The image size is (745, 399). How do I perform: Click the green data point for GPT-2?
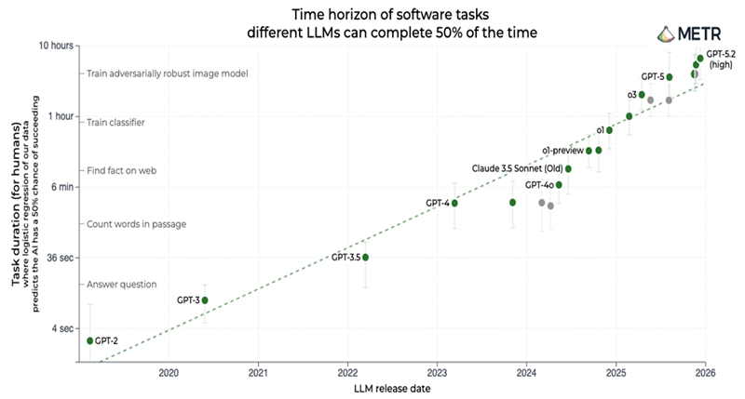[x=90, y=340]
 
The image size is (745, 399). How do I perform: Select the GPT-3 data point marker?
[x=205, y=300]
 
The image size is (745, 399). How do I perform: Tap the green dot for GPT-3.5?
[x=366, y=257]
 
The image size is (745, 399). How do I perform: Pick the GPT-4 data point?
[x=454, y=203]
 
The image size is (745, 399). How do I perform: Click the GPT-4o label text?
[x=534, y=185]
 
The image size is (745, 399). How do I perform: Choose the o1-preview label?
[x=562, y=151]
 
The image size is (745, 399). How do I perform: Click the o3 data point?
[x=642, y=95]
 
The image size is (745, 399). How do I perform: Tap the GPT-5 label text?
[x=652, y=76]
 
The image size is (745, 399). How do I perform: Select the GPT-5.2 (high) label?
[x=722, y=59]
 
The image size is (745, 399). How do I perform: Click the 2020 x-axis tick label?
[x=169, y=373]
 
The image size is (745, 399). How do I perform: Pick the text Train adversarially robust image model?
[x=155, y=73]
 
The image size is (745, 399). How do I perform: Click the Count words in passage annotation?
[x=136, y=224]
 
